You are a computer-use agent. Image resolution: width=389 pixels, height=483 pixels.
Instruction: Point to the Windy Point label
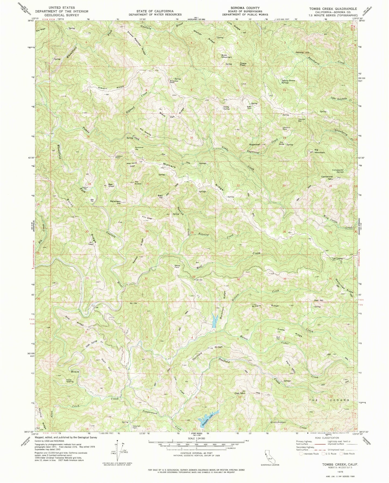coord(177,266)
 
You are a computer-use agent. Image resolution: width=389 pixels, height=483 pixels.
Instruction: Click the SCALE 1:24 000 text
coord(196,438)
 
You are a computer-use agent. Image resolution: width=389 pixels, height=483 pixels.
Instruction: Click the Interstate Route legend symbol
coord(301,454)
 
